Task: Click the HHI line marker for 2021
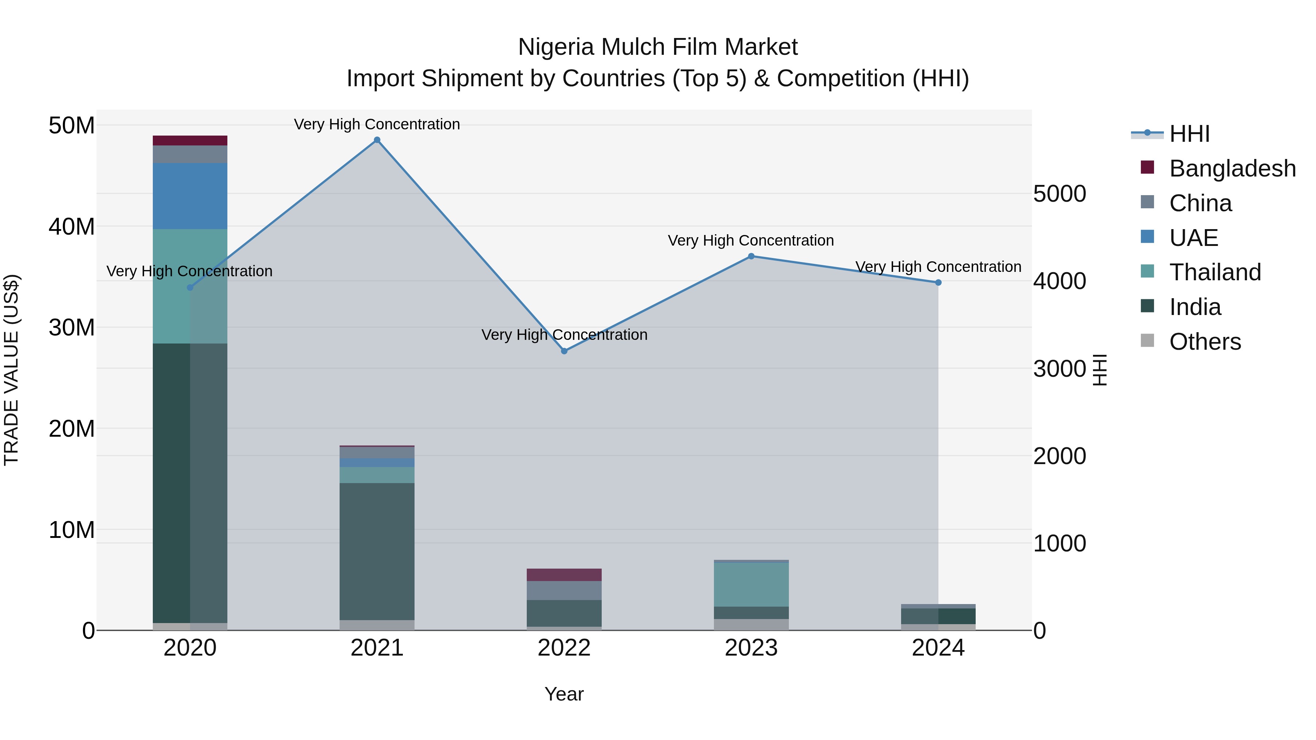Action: point(377,140)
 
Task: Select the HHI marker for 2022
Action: point(564,351)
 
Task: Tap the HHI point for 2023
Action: point(751,257)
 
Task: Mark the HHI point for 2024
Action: point(938,282)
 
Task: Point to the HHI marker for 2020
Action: point(190,288)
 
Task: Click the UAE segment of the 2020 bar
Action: point(190,196)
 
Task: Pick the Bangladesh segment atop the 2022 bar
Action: point(564,574)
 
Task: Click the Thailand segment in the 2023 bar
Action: point(751,584)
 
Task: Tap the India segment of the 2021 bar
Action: point(377,551)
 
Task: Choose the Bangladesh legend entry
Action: point(1232,168)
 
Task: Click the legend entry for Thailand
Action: point(1215,272)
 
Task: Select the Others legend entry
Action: point(1205,342)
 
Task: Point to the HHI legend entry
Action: point(1189,134)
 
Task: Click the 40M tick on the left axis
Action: point(72,226)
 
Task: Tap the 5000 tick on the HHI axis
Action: point(1059,194)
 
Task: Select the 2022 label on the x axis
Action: point(564,648)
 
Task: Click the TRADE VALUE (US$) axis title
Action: point(11,370)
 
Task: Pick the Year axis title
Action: point(564,694)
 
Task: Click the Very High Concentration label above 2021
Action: point(377,124)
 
